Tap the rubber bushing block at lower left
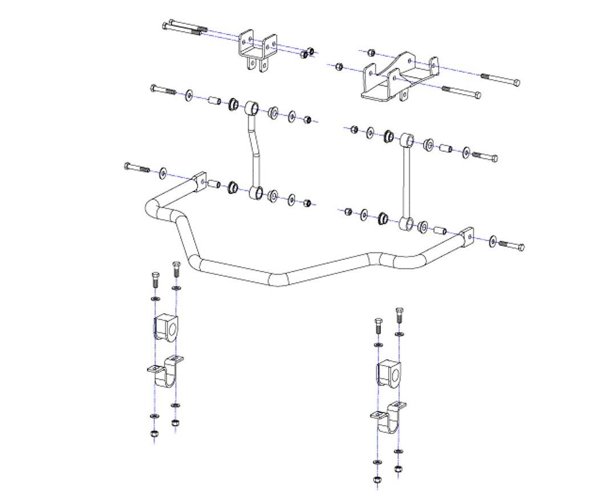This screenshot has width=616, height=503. [x=165, y=327]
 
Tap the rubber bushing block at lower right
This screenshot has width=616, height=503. [x=388, y=373]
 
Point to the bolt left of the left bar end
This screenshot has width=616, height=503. [x=136, y=167]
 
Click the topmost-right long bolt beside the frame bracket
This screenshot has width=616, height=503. [x=500, y=79]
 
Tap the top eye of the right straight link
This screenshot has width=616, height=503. [x=407, y=140]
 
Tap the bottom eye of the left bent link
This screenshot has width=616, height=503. [x=256, y=193]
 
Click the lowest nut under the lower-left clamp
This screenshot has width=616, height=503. [x=154, y=434]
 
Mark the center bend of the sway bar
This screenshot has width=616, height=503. [x=279, y=280]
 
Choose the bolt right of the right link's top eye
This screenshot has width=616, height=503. [x=485, y=156]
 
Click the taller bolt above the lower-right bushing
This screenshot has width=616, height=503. [x=399, y=314]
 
